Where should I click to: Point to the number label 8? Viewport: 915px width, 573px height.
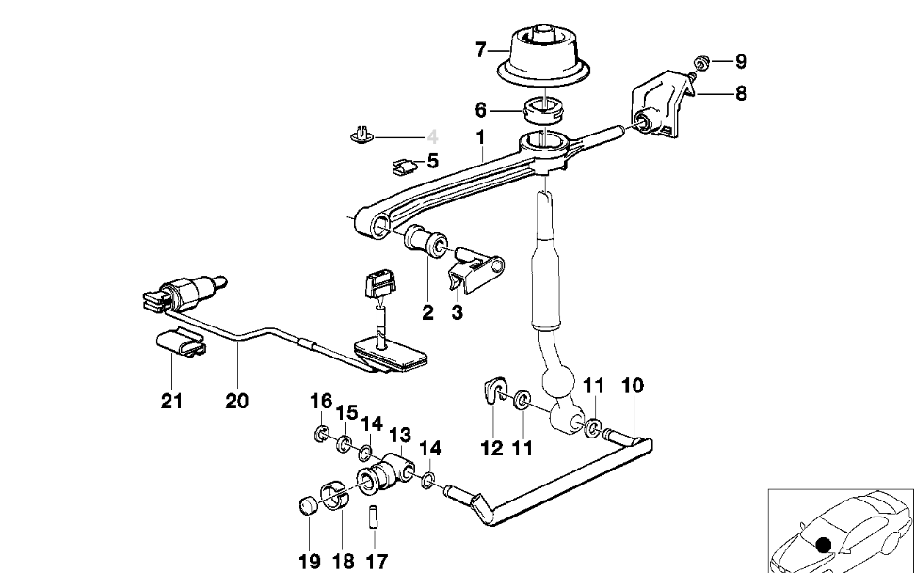click(742, 93)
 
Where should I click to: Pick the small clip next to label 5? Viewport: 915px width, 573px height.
click(404, 167)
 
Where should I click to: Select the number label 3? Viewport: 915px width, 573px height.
click(457, 312)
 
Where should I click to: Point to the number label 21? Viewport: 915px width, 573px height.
click(171, 401)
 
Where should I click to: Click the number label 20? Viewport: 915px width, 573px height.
click(236, 401)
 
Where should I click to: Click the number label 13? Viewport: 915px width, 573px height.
click(400, 435)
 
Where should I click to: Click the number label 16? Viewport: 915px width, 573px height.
click(321, 402)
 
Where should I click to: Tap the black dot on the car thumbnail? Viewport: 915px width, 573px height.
click(825, 543)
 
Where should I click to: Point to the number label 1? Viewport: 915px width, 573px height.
click(480, 137)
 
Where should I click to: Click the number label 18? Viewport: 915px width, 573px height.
click(343, 561)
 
